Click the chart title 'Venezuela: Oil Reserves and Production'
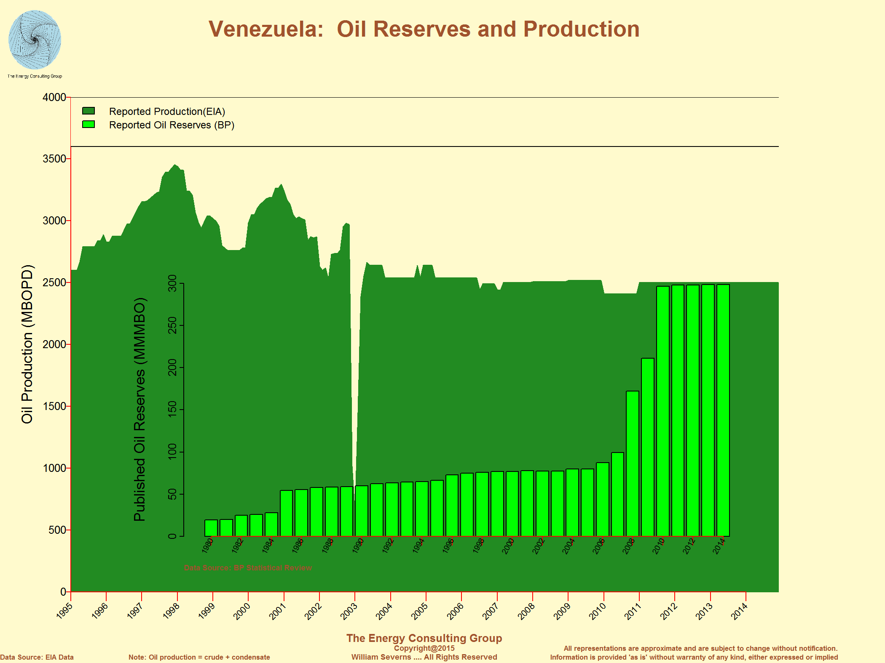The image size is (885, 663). tap(424, 29)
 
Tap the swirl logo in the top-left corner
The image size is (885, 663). tap(35, 40)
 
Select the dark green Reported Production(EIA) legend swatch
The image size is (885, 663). tap(88, 111)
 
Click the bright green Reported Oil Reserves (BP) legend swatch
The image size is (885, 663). tap(88, 125)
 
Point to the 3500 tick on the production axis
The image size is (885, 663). tap(54, 159)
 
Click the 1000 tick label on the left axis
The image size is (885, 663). tap(54, 468)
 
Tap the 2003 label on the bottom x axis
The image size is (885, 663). tap(349, 611)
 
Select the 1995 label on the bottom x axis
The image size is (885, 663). tap(65, 611)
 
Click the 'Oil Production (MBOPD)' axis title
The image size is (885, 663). tap(27, 344)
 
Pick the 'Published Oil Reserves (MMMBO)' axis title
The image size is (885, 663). tap(139, 410)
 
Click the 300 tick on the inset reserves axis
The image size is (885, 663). tap(172, 283)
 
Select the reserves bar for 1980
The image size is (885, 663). tap(211, 528)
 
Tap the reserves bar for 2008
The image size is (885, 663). tap(633, 463)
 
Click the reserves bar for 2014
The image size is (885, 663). tap(723, 410)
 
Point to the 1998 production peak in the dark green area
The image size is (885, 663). tap(175, 165)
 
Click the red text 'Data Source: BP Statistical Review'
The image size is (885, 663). tap(248, 568)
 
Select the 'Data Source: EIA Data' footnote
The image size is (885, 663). tap(37, 657)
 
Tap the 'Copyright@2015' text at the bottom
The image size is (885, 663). tap(424, 648)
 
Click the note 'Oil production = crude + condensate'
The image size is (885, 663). tap(199, 657)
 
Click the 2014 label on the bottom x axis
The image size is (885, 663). tap(740, 611)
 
